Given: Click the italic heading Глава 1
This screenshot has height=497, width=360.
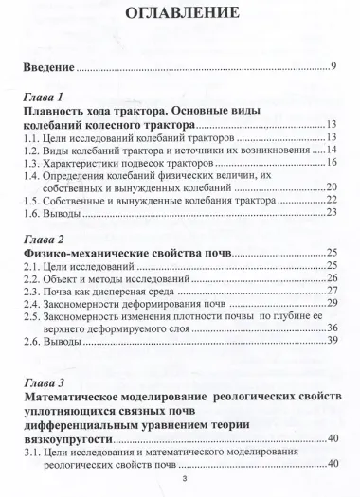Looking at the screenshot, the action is (45, 98).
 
